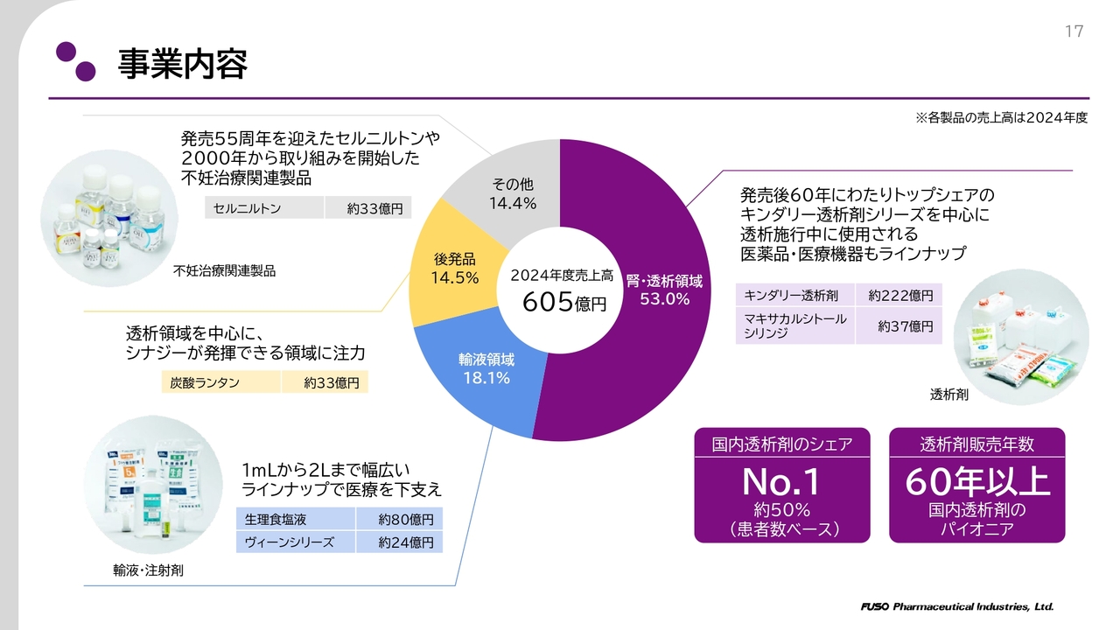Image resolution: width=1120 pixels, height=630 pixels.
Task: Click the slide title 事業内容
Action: pos(183,64)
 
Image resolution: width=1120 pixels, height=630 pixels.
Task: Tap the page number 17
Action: pos(1074,32)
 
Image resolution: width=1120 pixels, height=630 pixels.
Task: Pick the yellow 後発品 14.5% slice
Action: pos(454,268)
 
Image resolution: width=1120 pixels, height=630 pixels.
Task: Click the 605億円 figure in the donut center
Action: pos(563,303)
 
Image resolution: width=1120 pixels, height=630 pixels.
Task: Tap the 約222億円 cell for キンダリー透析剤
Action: pos(900,296)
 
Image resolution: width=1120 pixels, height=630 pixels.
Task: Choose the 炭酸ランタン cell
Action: pos(221,382)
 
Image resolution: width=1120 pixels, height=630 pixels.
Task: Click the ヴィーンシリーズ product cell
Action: pos(296,542)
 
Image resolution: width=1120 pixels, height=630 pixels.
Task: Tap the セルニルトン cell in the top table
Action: pos(264,208)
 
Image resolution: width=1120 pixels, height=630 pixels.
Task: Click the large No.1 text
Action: pos(781,482)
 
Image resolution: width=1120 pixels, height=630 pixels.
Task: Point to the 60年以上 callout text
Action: pos(976,482)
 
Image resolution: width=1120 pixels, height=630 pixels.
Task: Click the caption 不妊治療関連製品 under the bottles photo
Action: pos(225,271)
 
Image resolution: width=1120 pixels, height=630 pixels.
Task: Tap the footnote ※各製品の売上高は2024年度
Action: pos(1001,117)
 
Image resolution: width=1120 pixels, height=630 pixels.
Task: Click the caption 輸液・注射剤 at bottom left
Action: pos(148,570)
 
